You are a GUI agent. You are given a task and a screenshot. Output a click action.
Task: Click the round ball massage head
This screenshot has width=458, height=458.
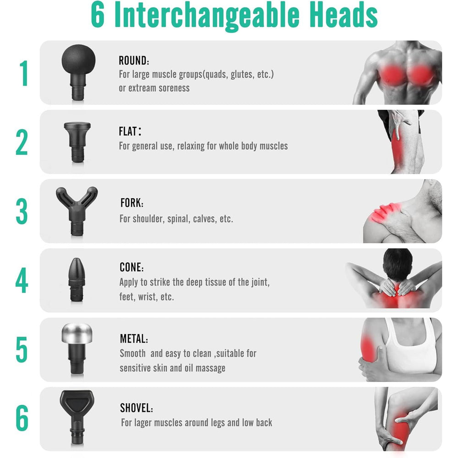[x=78, y=71]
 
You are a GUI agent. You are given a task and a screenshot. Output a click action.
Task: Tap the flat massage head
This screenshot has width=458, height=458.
[x=77, y=142]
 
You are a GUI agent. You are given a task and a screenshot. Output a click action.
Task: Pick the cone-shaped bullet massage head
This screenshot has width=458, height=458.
[x=77, y=279]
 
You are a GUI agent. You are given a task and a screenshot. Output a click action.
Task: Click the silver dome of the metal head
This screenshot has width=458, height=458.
[x=77, y=333]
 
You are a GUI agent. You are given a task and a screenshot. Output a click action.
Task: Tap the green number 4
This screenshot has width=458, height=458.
[x=22, y=280]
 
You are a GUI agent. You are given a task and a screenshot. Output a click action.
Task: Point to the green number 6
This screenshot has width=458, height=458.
[x=22, y=418]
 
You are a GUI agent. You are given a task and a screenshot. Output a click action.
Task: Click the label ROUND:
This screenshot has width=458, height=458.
[x=134, y=60]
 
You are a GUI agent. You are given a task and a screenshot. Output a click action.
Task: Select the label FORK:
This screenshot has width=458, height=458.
[x=132, y=202]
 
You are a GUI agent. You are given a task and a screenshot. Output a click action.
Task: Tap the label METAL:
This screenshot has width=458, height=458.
[x=134, y=338]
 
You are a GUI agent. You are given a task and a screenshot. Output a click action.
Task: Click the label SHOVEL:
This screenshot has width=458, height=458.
[x=136, y=408]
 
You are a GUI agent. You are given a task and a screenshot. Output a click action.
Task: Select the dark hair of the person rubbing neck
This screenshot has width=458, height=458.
[x=398, y=265]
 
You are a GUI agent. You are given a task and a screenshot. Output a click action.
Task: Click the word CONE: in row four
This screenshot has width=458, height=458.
[x=131, y=267]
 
